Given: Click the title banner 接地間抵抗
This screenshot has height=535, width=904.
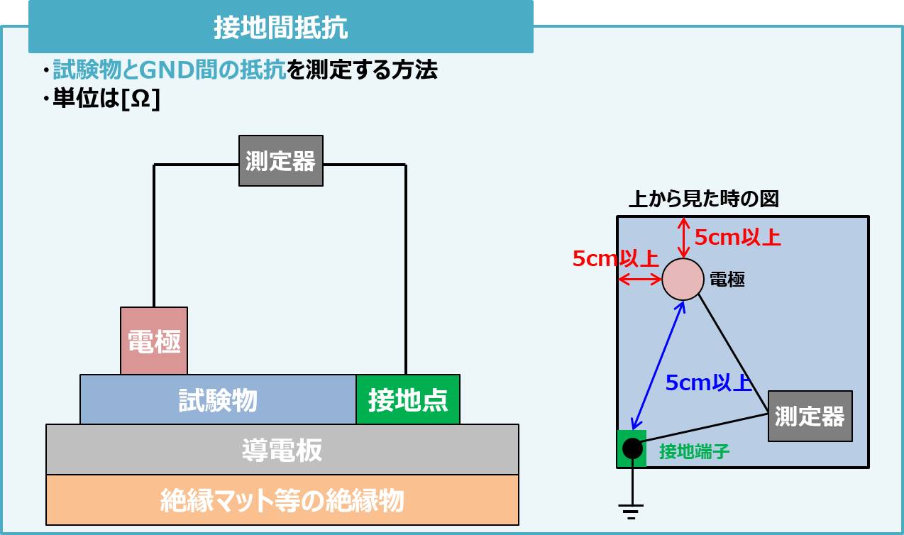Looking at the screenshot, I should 280,28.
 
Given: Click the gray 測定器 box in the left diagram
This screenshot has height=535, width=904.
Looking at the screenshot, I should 280,161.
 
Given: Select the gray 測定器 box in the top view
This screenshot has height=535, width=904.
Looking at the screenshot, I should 810,416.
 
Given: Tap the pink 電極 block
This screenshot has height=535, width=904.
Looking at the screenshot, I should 154,341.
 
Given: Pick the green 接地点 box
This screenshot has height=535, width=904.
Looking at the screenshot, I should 408,400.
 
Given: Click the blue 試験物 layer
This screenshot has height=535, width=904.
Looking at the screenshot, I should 218,400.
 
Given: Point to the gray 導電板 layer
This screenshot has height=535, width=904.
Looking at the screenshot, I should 282,449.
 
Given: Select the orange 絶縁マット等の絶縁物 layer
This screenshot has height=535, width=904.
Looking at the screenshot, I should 282,500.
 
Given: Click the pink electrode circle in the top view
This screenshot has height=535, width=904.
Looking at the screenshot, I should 683,280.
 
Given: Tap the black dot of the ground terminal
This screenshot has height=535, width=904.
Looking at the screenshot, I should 632,448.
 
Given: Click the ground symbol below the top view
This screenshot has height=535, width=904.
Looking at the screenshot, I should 631,509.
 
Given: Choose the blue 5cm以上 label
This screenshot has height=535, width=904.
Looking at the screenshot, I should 708,382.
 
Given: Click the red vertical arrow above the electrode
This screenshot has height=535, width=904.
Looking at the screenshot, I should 683,238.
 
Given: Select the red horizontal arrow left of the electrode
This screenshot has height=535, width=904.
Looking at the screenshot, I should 640,280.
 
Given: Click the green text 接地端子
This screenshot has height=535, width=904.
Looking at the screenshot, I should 694,451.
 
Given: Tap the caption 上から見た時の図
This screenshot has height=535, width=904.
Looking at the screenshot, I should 704,199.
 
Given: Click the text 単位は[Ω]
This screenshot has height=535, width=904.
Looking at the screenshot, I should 106,99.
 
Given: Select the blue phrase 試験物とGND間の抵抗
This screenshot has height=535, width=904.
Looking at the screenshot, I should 170,70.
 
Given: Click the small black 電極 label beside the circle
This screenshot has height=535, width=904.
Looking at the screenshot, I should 727,280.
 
